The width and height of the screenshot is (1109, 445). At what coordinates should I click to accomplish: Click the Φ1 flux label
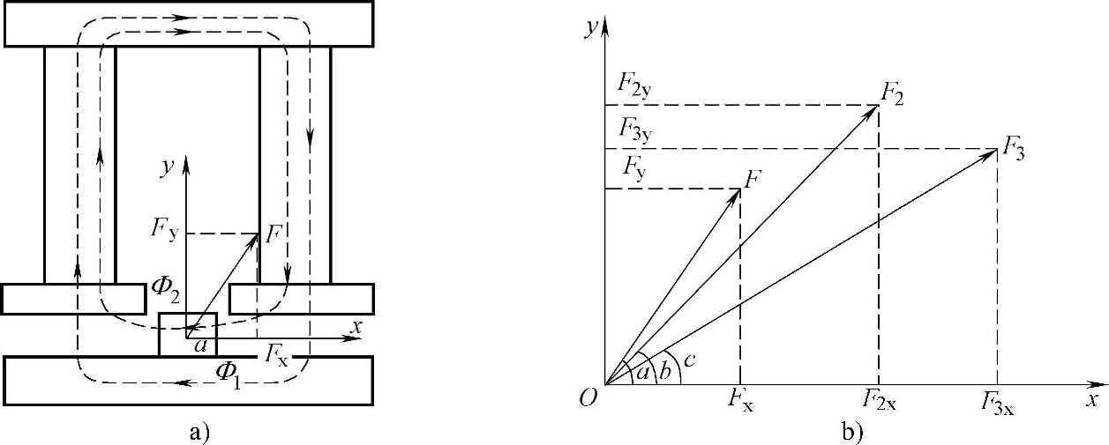coord(231,370)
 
